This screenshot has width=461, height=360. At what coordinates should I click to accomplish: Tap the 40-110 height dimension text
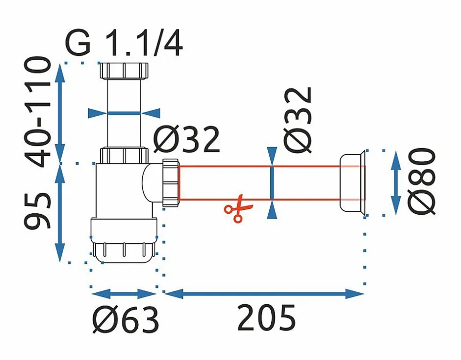(38, 112)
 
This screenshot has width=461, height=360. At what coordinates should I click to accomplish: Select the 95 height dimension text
(38, 211)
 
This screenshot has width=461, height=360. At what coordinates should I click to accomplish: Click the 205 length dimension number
(267, 318)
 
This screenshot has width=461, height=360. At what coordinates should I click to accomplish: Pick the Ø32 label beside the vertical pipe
(187, 140)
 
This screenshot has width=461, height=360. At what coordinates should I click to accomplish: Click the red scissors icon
(235, 209)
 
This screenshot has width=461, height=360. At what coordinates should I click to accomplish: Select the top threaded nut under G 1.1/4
(124, 71)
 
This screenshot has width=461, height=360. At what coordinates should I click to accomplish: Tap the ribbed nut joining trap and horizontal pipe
(170, 181)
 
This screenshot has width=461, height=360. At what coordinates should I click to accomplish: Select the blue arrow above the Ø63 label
(124, 294)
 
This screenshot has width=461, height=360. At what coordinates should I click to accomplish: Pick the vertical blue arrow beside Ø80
(395, 182)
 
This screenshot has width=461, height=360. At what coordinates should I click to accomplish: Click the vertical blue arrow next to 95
(60, 213)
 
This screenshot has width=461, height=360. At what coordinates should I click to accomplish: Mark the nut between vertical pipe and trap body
(124, 154)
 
